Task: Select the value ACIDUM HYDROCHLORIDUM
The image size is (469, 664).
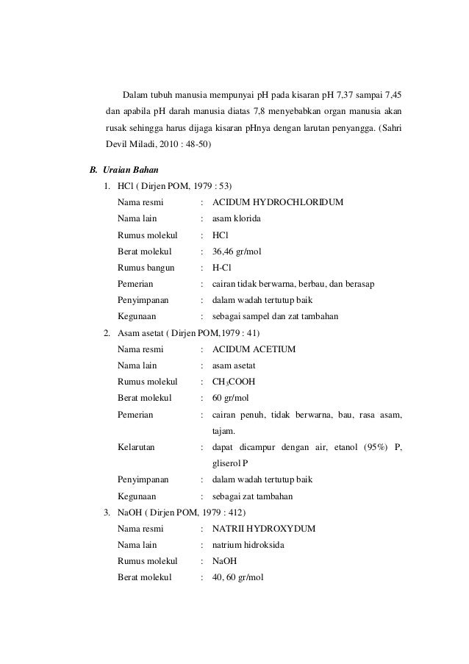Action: coord(277,202)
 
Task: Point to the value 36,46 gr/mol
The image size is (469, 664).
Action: coord(236,251)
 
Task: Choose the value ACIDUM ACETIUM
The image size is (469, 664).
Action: coord(254,349)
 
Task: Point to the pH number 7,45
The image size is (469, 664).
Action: coord(391,96)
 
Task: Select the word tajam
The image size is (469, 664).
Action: coord(223,431)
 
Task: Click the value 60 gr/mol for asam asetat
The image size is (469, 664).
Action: coord(231,398)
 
